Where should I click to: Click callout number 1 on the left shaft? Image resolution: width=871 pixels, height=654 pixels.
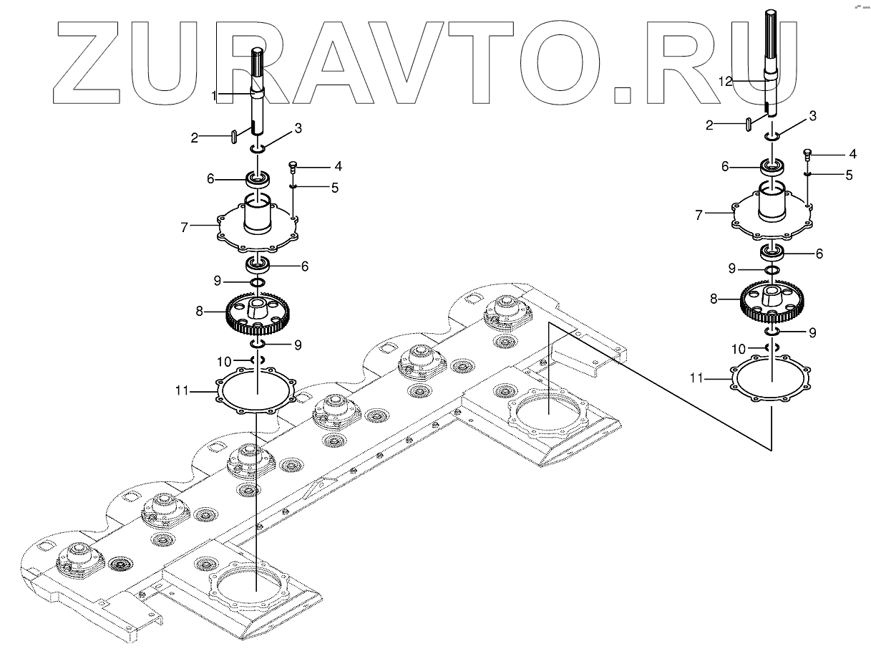pyautogui.click(x=213, y=95)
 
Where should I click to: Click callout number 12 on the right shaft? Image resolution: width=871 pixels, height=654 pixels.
pyautogui.click(x=725, y=82)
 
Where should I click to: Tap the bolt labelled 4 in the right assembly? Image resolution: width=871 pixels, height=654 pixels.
pyautogui.click(x=807, y=153)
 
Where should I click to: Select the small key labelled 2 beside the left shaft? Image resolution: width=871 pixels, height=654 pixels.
pyautogui.click(x=233, y=136)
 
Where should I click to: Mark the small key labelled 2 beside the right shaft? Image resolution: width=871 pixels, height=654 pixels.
pyautogui.click(x=748, y=124)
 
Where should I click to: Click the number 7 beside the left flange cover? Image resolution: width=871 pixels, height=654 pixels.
pyautogui.click(x=184, y=227)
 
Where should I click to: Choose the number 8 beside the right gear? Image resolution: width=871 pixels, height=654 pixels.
pyautogui.click(x=714, y=299)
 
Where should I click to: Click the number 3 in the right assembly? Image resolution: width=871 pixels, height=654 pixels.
pyautogui.click(x=812, y=115)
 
